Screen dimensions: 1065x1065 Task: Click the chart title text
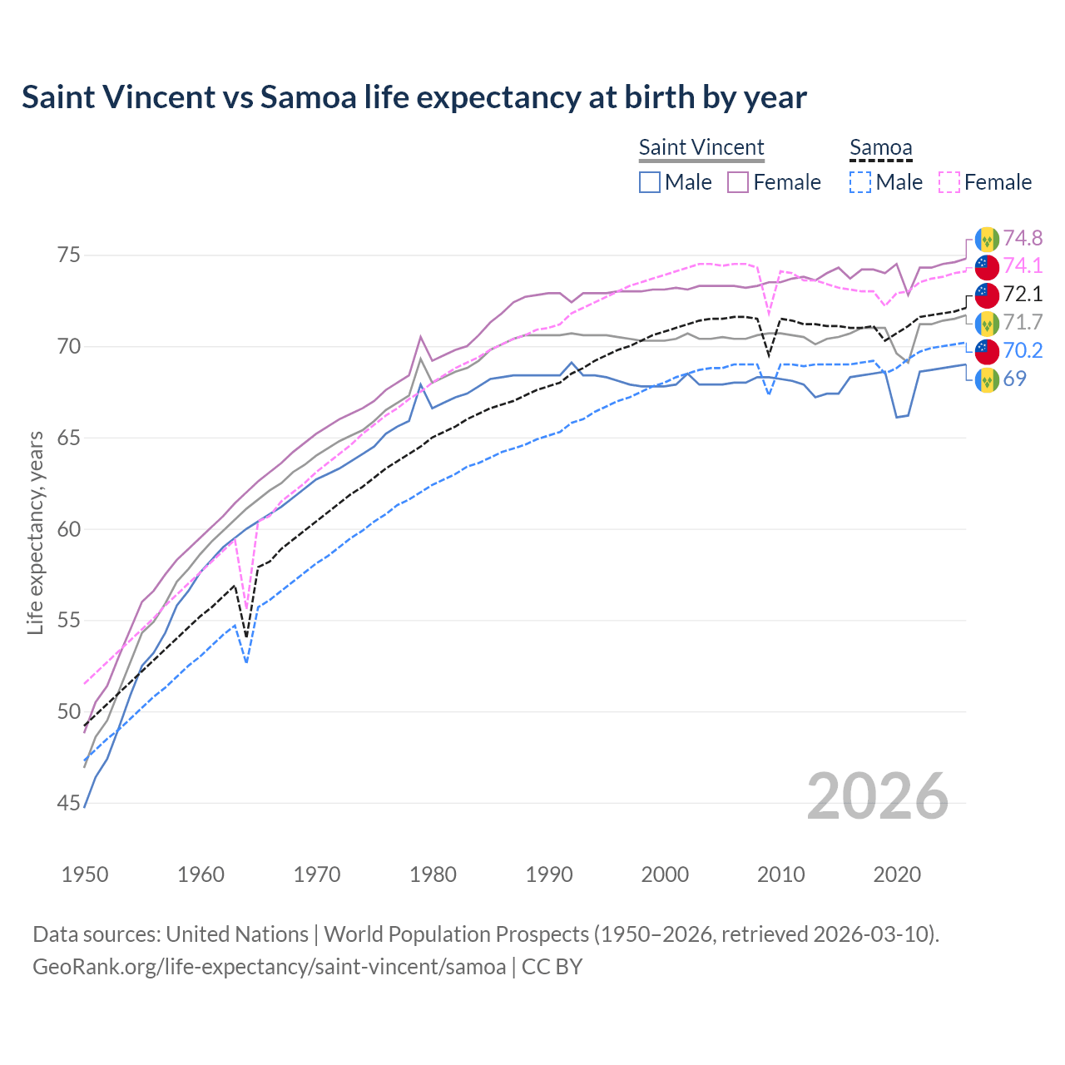[x=414, y=97]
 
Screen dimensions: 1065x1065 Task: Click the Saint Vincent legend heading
[x=701, y=147]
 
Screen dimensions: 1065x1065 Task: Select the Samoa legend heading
[x=880, y=147]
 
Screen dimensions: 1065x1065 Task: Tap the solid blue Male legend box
[x=650, y=182]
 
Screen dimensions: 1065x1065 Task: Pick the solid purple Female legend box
[x=738, y=182]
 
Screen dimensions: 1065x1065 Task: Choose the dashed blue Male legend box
[x=860, y=182]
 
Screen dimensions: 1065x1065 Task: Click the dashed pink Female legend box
[x=949, y=182]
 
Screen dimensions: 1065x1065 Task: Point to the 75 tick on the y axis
[x=69, y=255]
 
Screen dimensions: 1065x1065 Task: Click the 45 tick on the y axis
[x=69, y=803]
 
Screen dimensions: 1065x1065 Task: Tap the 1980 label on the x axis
[x=433, y=874]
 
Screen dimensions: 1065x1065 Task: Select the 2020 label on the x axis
[x=896, y=874]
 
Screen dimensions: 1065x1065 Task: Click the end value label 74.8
[x=1023, y=239]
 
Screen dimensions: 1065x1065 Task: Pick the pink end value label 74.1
[x=1023, y=266]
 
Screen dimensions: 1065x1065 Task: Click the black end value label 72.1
[x=1023, y=295]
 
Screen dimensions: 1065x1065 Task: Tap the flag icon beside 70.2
[x=987, y=351]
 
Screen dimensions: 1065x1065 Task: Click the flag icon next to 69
[x=987, y=379]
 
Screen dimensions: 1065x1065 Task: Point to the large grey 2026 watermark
[x=877, y=797]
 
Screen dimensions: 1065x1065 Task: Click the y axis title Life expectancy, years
[x=35, y=532]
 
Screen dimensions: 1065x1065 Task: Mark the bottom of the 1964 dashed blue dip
[x=246, y=662]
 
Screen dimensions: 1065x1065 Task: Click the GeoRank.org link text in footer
[x=269, y=967]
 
